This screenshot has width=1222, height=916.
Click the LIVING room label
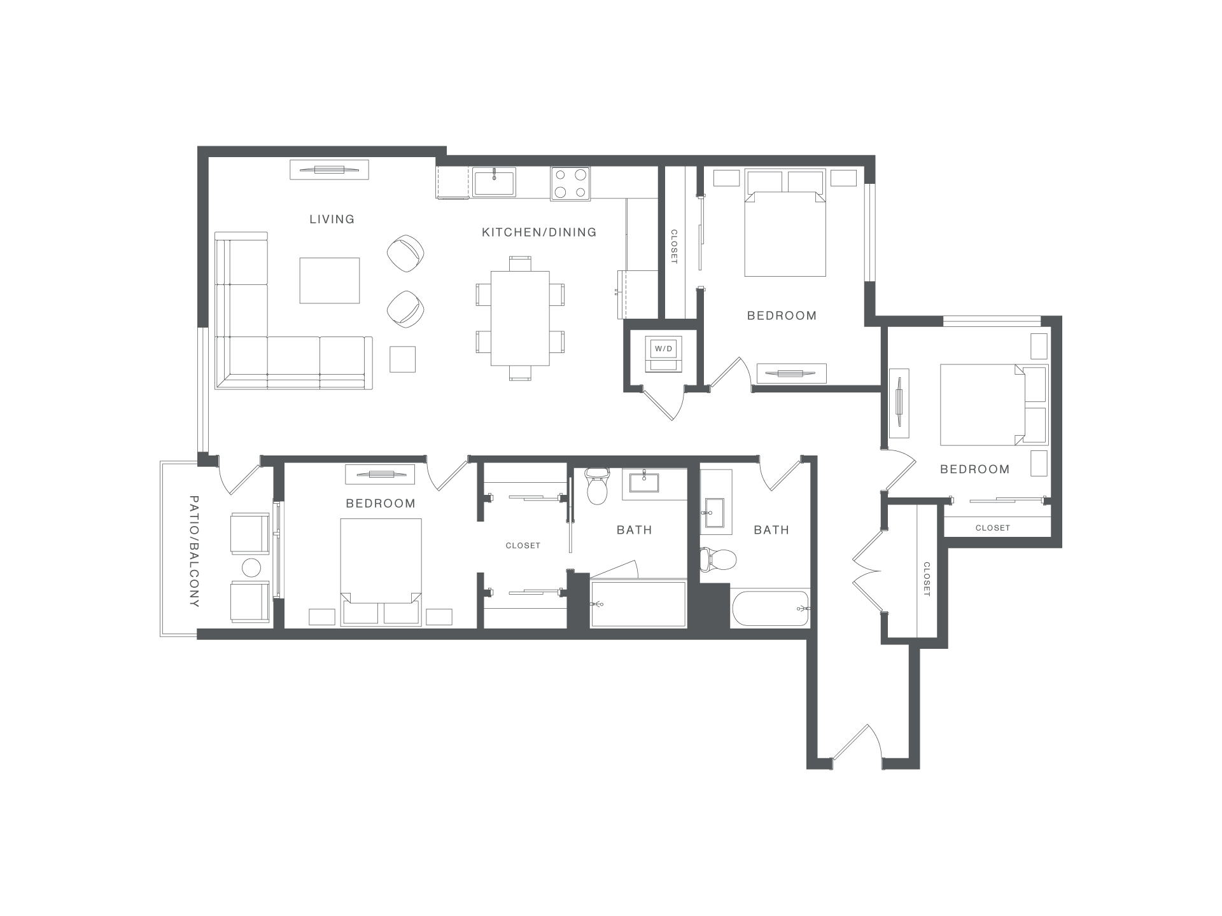[x=332, y=219]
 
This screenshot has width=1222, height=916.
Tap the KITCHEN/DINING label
[x=539, y=233]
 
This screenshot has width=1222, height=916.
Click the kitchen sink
[x=494, y=183]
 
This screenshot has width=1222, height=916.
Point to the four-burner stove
[x=570, y=183]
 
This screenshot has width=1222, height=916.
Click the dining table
[x=520, y=318]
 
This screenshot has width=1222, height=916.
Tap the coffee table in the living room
[x=330, y=281]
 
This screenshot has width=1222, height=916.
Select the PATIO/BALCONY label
[x=194, y=551]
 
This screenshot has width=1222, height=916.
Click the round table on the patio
[x=251, y=567]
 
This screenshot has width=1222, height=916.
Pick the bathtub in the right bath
[x=770, y=609]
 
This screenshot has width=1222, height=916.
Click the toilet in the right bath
[x=719, y=559]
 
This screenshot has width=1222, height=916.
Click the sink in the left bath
[x=645, y=482]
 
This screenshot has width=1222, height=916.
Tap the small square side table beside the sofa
[x=402, y=359]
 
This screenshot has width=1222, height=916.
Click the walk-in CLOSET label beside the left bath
[x=523, y=546]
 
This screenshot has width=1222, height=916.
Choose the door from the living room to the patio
[x=240, y=475]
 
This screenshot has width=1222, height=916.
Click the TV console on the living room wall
[x=329, y=170]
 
